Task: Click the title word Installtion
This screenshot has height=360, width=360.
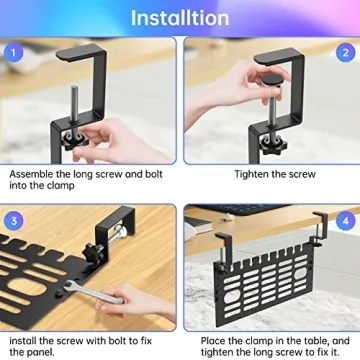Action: point(179,17)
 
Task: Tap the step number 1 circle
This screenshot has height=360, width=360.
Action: point(13,52)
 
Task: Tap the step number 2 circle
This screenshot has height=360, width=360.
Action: point(345,53)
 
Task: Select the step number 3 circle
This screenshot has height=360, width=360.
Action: point(13,219)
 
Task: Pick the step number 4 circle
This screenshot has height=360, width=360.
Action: point(345,219)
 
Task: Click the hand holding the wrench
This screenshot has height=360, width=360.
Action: point(130,300)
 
